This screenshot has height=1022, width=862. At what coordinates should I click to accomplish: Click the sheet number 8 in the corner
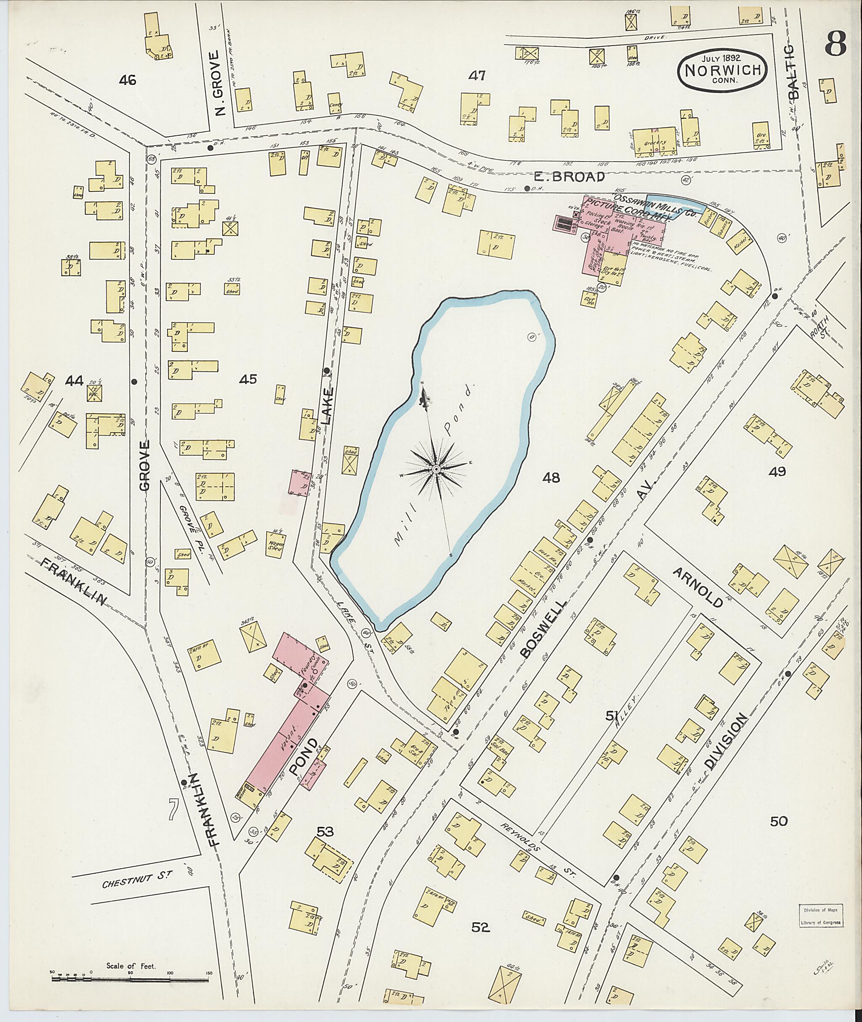(836, 46)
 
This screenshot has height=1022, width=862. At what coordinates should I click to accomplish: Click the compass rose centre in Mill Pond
(435, 470)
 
